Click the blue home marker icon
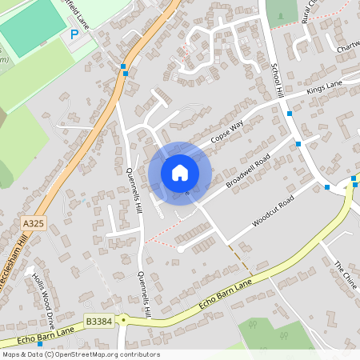179,172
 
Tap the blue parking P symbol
74,34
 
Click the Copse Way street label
226,132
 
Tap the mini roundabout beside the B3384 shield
123,318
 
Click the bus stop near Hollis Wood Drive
39,322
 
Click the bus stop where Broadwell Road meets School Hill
298,144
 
